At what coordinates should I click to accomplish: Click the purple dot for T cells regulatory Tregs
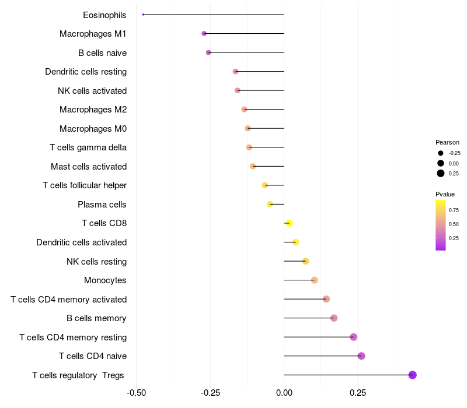412,375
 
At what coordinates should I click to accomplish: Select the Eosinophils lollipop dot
143,15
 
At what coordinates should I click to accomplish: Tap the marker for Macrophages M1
204,34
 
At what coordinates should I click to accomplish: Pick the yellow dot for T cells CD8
289,223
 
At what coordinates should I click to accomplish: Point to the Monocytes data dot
315,280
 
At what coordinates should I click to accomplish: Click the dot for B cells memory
334,318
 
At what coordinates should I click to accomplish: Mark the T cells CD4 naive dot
361,356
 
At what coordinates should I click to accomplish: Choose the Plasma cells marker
270,204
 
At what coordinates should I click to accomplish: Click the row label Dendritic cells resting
86,72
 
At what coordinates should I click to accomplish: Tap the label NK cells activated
92,90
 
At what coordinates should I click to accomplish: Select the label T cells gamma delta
88,147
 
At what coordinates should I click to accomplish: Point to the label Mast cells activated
89,167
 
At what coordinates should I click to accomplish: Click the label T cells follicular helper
85,185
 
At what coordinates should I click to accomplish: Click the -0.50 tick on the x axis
137,393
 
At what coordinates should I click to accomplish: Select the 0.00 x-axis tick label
284,393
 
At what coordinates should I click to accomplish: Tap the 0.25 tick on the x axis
358,393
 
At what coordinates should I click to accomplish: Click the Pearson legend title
447,142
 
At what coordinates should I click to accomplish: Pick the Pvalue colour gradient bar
441,225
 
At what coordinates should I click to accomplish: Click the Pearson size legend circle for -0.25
441,153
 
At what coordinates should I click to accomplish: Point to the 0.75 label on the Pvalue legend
454,210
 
